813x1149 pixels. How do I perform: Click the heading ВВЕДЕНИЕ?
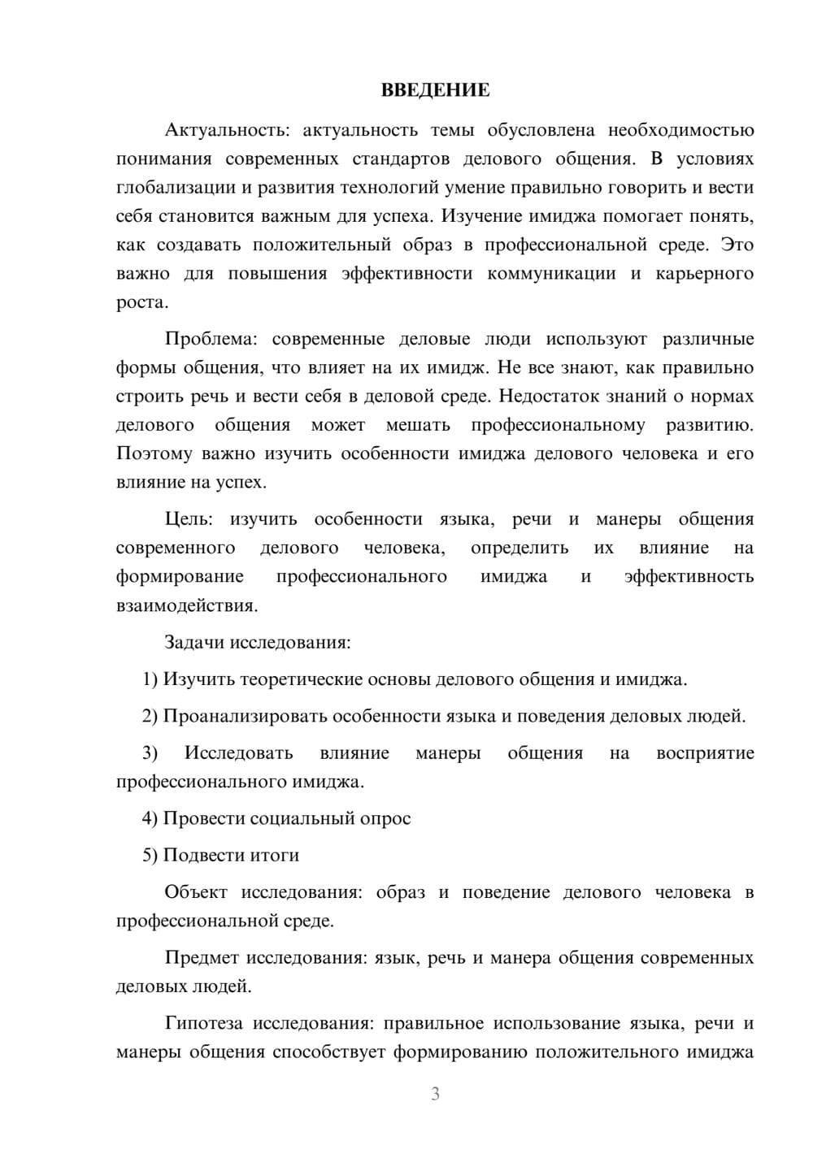[435, 90]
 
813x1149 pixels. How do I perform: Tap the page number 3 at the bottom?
[435, 1094]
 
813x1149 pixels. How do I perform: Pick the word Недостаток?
[547, 397]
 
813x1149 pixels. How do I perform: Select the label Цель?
[189, 519]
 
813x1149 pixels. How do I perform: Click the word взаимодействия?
[187, 605]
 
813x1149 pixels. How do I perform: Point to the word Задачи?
[194, 642]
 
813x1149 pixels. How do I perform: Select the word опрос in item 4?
[385, 818]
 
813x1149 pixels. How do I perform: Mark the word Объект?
[196, 892]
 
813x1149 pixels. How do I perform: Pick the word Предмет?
[202, 957]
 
